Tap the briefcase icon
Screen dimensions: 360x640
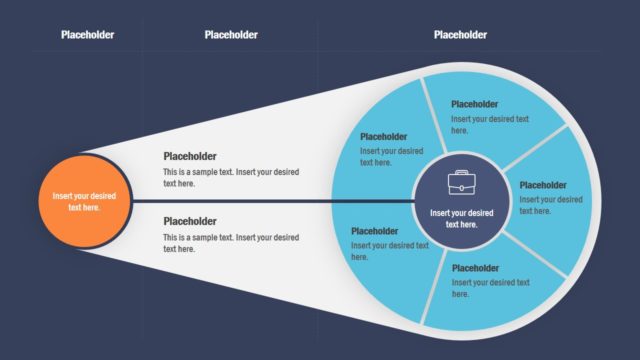coord(461,183)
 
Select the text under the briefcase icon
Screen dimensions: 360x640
coord(461,218)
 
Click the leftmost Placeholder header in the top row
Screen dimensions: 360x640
coord(87,35)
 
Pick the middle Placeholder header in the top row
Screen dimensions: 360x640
coord(231,35)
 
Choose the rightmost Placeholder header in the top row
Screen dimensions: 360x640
coord(460,35)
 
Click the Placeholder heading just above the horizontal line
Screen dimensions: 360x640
coord(190,156)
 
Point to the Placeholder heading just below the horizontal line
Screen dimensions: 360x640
coord(190,221)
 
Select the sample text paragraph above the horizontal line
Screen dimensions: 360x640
coord(231,177)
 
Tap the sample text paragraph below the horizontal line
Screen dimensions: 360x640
coord(231,243)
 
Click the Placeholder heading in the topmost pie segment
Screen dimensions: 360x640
coord(475,103)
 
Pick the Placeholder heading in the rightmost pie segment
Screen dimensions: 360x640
coord(543,185)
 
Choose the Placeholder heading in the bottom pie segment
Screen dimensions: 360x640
coord(475,268)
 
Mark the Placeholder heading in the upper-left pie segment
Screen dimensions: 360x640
coord(384,137)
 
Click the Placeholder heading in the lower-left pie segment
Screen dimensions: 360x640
coord(375,231)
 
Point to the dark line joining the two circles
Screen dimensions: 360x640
coord(270,200)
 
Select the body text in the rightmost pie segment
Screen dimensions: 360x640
coord(550,205)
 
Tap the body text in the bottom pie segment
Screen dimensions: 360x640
coord(490,288)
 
